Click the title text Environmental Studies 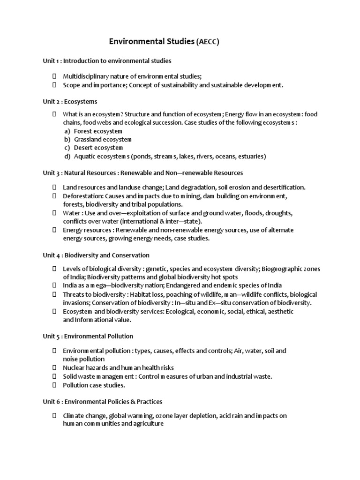151,42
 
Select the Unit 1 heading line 107,61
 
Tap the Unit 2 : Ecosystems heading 70,101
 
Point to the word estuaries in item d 251,157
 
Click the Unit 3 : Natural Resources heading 143,173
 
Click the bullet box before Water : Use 54,213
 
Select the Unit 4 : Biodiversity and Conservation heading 96,255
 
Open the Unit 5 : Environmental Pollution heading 88,336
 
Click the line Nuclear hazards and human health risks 118,368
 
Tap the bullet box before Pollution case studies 54,385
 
